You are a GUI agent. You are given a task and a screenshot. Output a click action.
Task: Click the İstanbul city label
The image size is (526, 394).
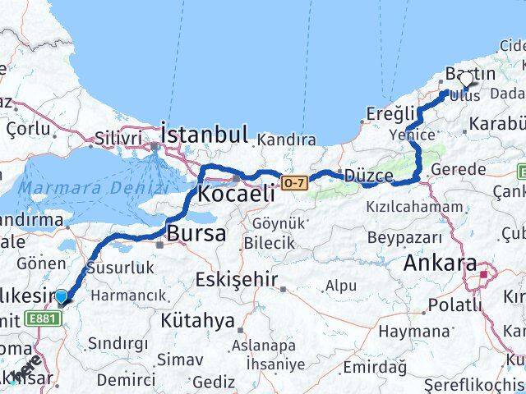(204, 135)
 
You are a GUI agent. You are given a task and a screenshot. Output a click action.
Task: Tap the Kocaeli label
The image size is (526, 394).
(236, 195)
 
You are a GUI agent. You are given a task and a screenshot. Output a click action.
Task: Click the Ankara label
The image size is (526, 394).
(440, 264)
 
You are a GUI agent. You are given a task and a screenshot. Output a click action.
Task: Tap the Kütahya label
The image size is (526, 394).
(196, 320)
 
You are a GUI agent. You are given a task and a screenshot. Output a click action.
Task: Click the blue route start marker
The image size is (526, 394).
(62, 297)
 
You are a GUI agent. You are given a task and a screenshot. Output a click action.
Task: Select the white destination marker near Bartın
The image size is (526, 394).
(467, 80)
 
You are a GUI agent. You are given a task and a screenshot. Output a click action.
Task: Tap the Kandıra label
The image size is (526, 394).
(286, 141)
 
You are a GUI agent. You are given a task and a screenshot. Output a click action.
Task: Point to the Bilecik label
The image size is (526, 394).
(269, 243)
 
